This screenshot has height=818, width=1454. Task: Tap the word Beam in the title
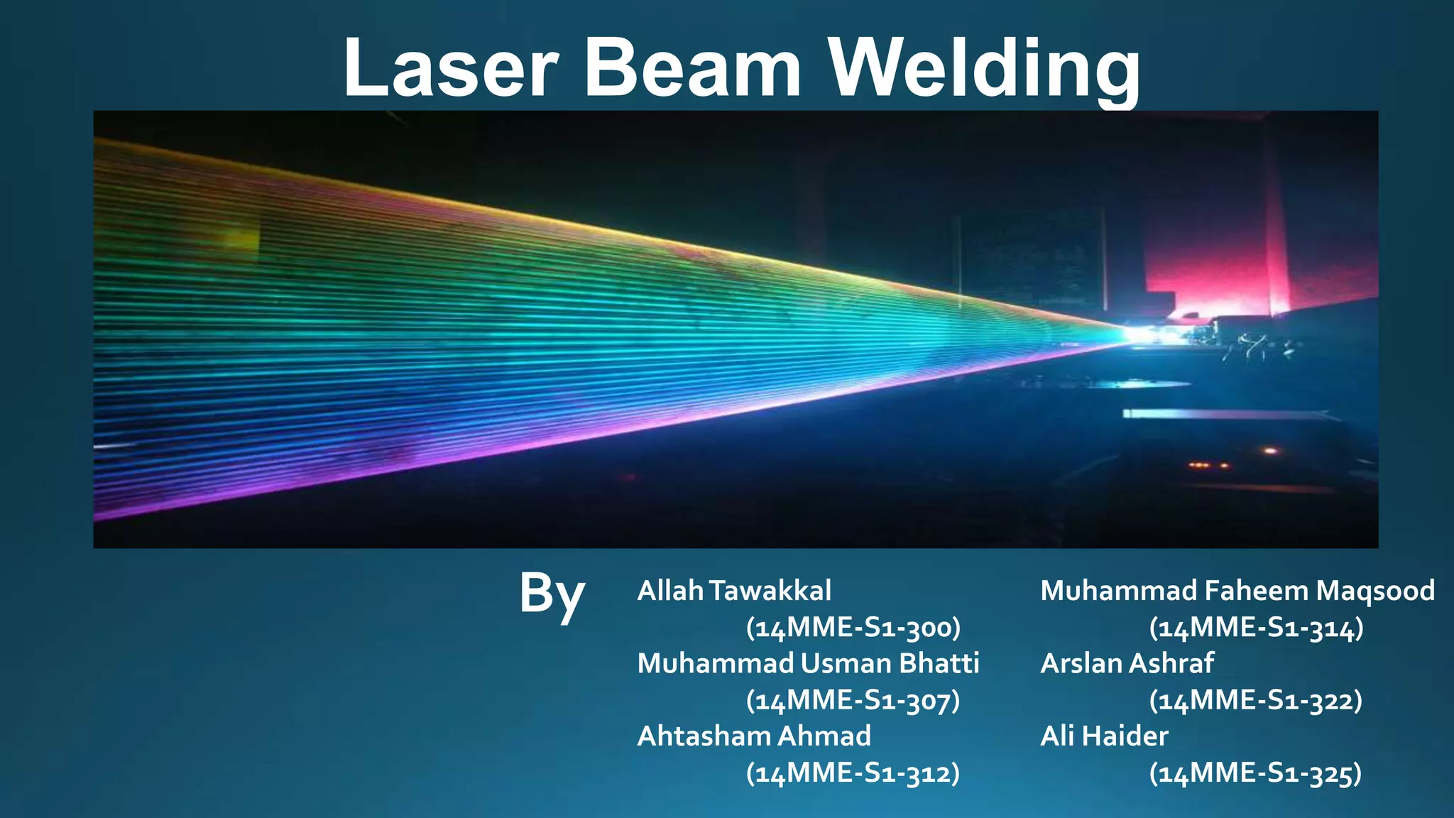click(x=693, y=68)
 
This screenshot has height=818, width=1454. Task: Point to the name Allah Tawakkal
click(x=734, y=591)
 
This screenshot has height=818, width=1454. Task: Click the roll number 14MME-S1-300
click(x=853, y=628)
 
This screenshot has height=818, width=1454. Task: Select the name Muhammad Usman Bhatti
click(x=808, y=663)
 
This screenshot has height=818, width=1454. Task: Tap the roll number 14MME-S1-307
click(x=853, y=701)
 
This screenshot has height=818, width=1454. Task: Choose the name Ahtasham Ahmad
click(x=754, y=736)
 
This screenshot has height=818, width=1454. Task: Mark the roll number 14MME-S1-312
click(x=853, y=773)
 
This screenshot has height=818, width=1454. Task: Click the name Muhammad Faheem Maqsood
click(x=1237, y=591)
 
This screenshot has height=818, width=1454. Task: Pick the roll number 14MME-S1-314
click(x=1256, y=628)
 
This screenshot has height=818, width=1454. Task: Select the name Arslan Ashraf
click(x=1127, y=663)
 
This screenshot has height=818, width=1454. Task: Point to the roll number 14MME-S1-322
click(x=1256, y=701)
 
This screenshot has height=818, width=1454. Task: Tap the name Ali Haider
click(x=1104, y=736)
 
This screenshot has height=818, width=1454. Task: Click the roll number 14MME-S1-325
click(x=1256, y=773)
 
